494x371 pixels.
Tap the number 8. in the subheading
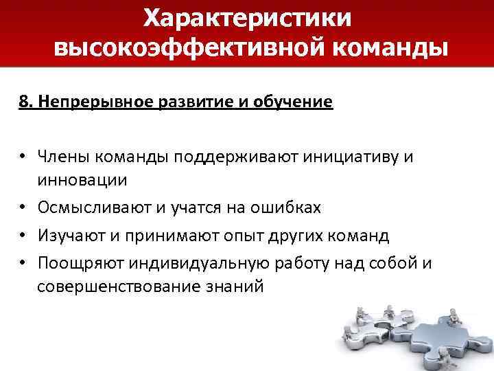(26, 102)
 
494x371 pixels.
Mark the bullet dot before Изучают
(23, 236)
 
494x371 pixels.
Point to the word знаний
(237, 286)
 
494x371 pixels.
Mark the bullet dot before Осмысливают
(23, 207)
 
